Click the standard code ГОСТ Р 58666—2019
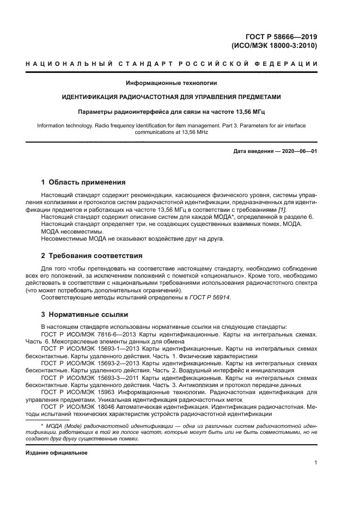coord(283,37)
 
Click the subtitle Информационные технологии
coord(172,83)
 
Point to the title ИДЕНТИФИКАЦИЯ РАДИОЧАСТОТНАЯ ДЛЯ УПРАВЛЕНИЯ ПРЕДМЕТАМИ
coord(172,97)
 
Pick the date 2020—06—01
coord(298,151)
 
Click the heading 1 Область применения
coord(84,182)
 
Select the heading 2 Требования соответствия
coord(91,255)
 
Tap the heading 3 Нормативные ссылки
coord(85,314)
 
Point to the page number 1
coord(315,463)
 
